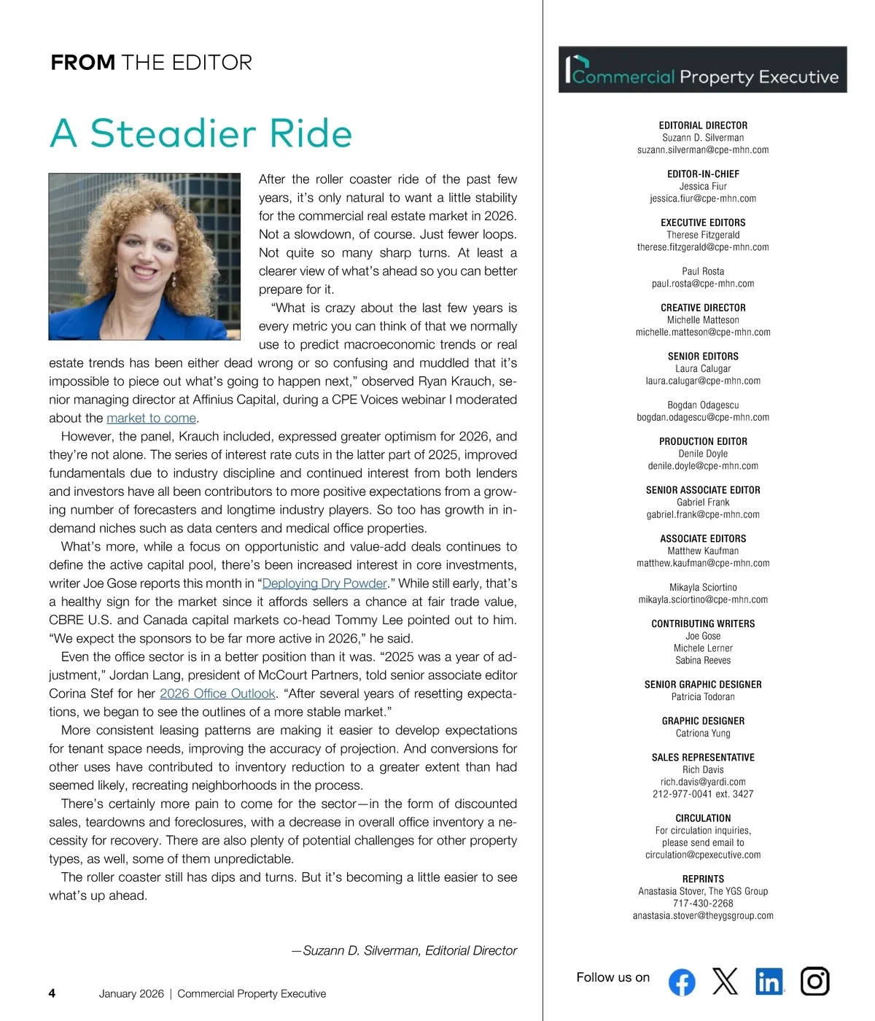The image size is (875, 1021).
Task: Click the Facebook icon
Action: tap(681, 982)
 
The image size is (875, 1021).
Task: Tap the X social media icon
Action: tap(725, 982)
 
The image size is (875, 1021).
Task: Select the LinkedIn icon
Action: tap(769, 982)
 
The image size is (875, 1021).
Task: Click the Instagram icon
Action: tap(814, 982)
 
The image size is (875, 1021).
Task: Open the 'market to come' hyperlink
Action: tap(151, 419)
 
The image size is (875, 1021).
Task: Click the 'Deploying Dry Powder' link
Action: tap(324, 583)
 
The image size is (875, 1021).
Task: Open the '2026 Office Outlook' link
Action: tap(217, 694)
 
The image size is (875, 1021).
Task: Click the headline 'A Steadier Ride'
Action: tap(201, 133)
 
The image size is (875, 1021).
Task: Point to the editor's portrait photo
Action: tap(144, 256)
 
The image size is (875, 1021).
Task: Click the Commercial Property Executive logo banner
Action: tap(702, 70)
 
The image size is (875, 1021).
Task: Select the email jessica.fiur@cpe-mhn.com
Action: tap(703, 198)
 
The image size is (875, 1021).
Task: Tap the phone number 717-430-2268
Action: tap(703, 904)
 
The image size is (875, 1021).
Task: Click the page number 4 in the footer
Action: tap(52, 993)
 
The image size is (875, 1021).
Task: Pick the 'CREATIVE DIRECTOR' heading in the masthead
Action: tap(703, 308)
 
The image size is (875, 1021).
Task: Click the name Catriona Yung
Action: tap(703, 734)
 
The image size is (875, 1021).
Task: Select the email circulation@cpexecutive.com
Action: tap(703, 855)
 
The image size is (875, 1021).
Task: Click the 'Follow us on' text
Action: tap(612, 978)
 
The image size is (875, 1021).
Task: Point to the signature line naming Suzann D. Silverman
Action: tap(404, 951)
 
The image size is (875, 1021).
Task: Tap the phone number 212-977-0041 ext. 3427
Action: tap(703, 794)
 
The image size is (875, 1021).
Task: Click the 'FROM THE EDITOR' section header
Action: tap(151, 63)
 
